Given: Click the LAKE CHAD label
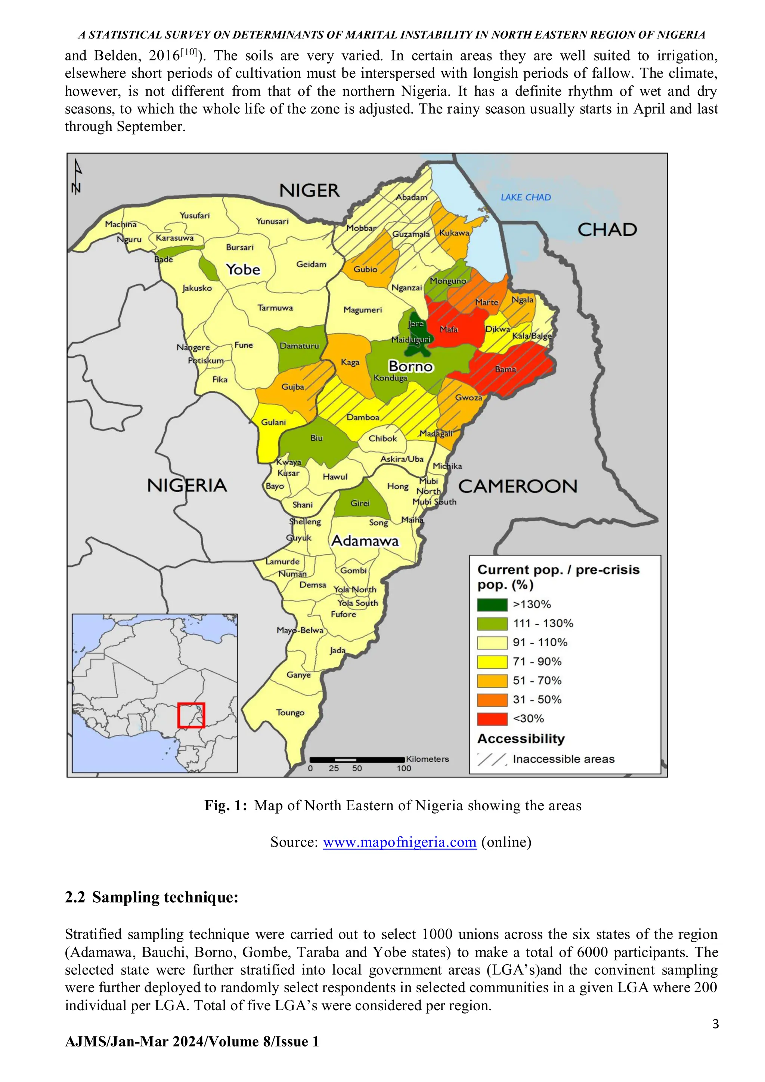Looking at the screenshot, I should [525, 197].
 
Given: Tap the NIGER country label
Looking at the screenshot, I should [309, 191].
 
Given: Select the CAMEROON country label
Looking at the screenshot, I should [517, 486].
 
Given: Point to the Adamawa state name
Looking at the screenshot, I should [365, 540].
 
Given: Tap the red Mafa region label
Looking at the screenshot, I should [449, 329].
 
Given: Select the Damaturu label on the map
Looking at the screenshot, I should [299, 346].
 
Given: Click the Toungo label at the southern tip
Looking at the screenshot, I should [290, 712].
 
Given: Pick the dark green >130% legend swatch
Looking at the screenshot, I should [492, 605].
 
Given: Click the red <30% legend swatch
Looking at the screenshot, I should [492, 719].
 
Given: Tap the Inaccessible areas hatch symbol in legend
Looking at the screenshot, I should [492, 759].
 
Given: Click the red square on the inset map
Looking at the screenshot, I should [191, 715].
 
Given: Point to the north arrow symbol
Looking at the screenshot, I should [77, 177].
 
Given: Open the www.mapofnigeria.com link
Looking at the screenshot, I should [399, 842].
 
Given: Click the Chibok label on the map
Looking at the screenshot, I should [382, 439].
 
